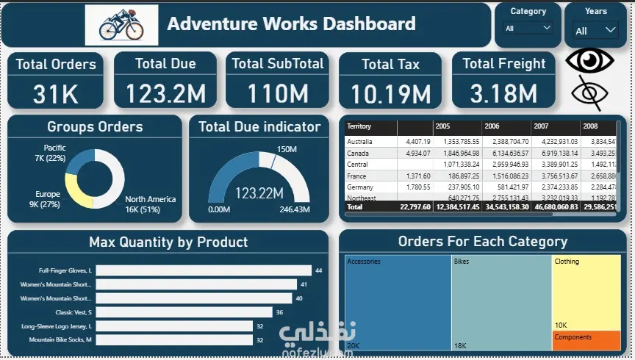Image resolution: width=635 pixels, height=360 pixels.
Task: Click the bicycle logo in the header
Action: tap(121, 25)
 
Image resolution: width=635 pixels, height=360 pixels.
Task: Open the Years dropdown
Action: tap(596, 31)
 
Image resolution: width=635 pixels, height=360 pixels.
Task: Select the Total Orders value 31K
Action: tap(56, 93)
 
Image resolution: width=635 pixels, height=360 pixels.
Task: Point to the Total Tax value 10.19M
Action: tap(390, 93)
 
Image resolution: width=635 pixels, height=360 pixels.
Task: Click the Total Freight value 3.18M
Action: tap(503, 93)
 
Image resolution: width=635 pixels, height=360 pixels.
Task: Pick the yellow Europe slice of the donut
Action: tap(76, 190)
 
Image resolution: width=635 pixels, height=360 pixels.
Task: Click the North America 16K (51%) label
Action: tap(150, 204)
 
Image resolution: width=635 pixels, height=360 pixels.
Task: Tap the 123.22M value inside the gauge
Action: tap(259, 193)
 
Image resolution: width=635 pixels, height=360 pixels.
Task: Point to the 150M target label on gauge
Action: tap(287, 150)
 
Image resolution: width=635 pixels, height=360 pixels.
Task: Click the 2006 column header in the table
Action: tap(492, 126)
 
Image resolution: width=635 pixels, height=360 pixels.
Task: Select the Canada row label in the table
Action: tap(359, 153)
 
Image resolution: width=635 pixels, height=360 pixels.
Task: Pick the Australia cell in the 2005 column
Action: tap(457, 141)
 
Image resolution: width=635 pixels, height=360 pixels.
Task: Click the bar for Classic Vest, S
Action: tap(184, 312)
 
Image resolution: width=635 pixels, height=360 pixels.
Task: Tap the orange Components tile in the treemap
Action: tap(586, 340)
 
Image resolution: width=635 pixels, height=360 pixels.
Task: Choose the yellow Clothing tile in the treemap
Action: tap(586, 290)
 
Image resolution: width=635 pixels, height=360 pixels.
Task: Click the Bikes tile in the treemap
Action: tap(501, 301)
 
